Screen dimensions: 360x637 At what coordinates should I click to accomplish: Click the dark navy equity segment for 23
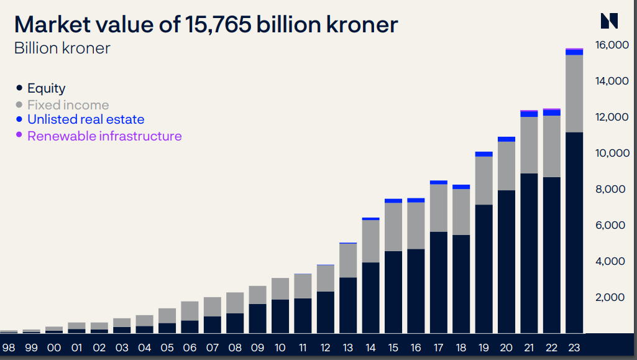coord(574,233)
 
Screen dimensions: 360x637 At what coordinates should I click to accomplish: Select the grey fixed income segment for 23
coord(574,94)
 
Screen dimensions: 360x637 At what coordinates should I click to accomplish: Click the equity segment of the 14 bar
coord(370,298)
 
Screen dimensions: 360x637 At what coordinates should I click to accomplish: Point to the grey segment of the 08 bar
coord(235,303)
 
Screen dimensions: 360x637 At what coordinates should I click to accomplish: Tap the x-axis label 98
coord(9,348)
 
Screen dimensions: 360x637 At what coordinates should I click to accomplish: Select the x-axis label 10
coord(280,348)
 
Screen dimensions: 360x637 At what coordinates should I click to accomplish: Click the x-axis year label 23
coord(574,348)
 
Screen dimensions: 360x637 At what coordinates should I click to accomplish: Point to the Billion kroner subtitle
coord(62,48)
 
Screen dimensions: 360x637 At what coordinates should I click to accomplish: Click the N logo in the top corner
coord(609,21)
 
